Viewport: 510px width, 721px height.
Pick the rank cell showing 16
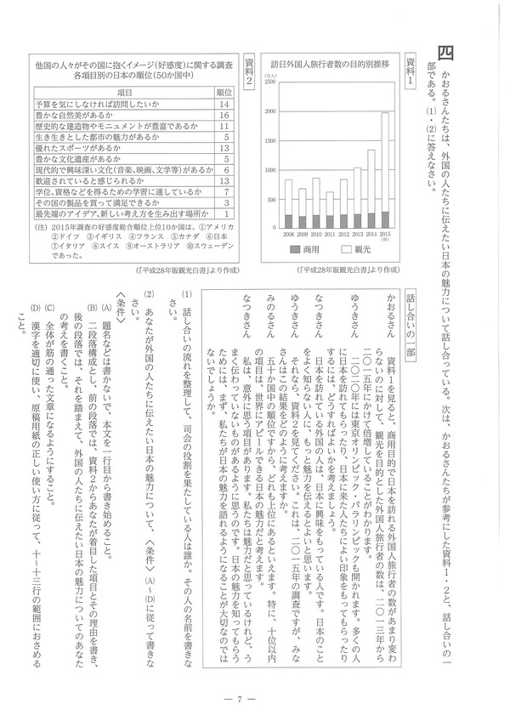pyautogui.click(x=225, y=115)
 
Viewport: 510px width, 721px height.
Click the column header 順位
pyautogui.click(x=225, y=92)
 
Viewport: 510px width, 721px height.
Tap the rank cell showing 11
pyautogui.click(x=225, y=126)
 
